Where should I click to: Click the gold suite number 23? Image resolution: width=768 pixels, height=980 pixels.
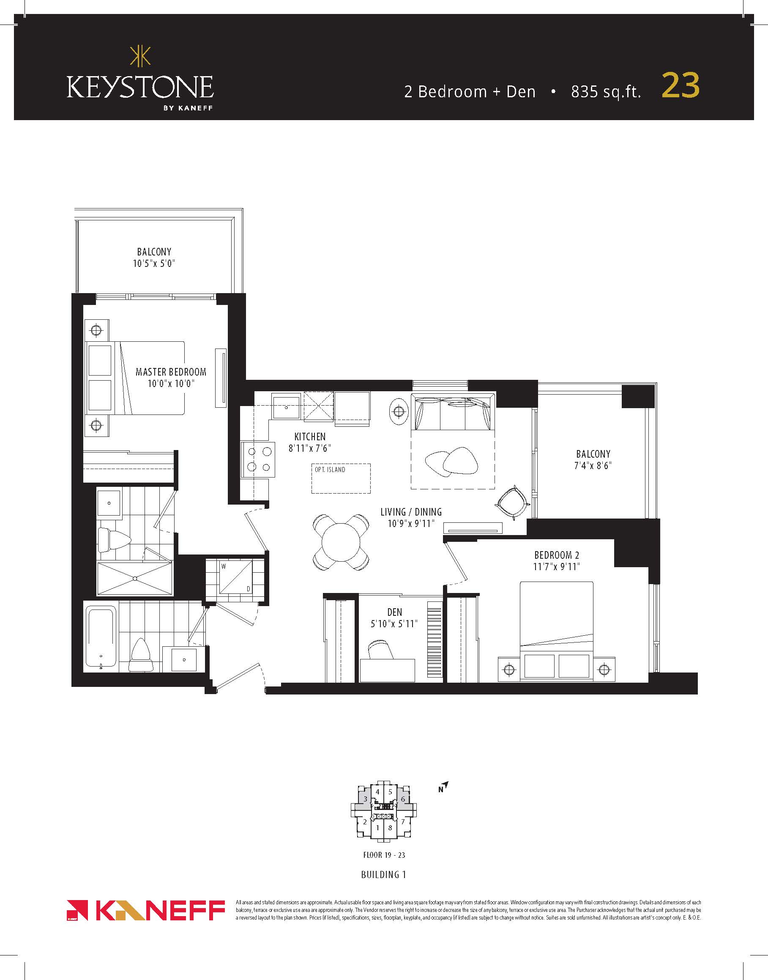coord(681,85)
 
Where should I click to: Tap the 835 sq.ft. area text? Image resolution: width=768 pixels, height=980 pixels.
coord(606,92)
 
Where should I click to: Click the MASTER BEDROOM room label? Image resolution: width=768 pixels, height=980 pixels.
coord(171,372)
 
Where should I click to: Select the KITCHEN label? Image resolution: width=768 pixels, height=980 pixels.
coord(310,436)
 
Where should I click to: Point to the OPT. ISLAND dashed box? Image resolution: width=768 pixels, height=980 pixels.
coord(341,478)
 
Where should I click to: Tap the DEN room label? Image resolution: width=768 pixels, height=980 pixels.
coord(394,612)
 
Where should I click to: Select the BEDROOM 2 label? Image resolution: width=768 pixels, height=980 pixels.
coord(557,555)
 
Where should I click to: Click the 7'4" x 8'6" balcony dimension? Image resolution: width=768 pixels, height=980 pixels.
coord(593,466)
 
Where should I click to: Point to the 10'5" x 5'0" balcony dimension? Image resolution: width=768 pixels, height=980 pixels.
coord(154,263)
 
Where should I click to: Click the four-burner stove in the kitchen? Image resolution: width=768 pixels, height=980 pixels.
coord(259,459)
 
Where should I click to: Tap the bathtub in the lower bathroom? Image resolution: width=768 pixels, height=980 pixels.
coord(101,637)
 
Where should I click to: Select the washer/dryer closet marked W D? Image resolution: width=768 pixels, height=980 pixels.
coord(235,578)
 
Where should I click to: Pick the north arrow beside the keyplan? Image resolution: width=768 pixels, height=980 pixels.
coord(444,787)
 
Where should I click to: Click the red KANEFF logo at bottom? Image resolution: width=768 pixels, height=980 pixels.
coord(146,911)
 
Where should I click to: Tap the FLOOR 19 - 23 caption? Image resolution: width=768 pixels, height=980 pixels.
coord(384,855)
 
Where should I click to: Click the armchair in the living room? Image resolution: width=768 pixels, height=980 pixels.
coord(512,502)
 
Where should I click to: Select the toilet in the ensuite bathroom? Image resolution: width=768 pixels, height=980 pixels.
coord(114,540)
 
